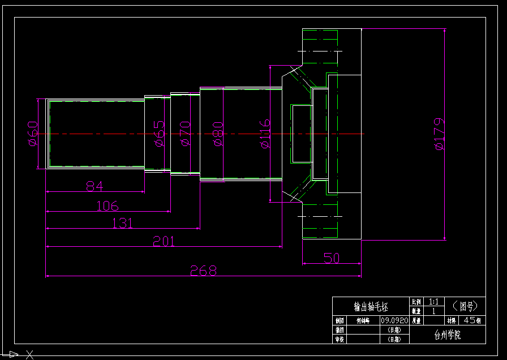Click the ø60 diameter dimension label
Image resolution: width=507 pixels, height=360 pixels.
[x=33, y=134]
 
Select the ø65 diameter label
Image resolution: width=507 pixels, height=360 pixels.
[x=160, y=134]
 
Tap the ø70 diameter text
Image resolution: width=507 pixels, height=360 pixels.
[x=184, y=134]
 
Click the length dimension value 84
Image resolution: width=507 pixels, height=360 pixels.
[x=96, y=186]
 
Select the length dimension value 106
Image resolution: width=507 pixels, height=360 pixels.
[x=108, y=205]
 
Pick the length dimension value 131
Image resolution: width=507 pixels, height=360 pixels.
[x=122, y=222]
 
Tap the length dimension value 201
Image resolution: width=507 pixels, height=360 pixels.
[x=164, y=242]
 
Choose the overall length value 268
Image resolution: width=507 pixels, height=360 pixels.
[x=204, y=271]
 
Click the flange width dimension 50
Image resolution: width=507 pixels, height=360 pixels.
[x=332, y=258]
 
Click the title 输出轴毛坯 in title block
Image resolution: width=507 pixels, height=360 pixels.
[x=371, y=307]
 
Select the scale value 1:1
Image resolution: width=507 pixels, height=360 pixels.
[x=434, y=302]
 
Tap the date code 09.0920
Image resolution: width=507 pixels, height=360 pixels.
[x=394, y=320]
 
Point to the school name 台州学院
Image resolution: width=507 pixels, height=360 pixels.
[x=447, y=335]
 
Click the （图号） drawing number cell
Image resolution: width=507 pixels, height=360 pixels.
[x=465, y=306]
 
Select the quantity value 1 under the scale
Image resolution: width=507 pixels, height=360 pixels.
[x=434, y=311]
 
